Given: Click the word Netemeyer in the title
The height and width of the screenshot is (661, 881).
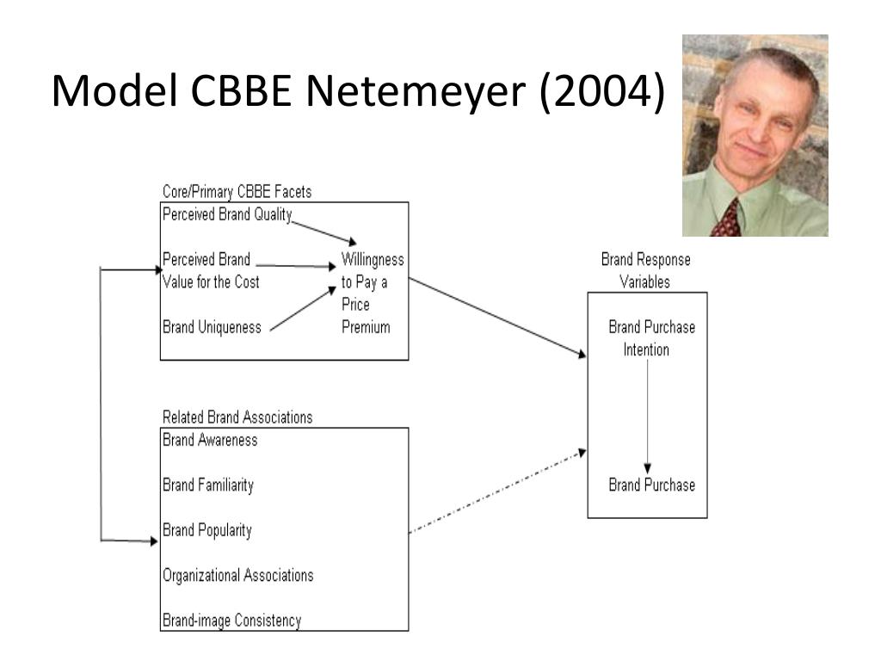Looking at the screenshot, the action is tap(416, 91).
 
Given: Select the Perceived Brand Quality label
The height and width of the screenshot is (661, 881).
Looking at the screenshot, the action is tap(227, 214).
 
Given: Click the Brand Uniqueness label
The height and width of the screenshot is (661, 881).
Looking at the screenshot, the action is tap(212, 327).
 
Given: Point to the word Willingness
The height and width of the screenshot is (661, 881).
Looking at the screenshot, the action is tap(373, 260).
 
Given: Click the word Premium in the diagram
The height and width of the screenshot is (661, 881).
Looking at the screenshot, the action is tap(366, 327).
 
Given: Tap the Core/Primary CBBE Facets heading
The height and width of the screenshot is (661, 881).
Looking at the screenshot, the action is tap(237, 192).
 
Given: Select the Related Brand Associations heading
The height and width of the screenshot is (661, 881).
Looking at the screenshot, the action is tap(237, 417).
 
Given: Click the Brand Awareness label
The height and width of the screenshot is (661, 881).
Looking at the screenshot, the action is tap(210, 440).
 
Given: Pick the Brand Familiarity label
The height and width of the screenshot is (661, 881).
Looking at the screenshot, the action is tap(208, 485).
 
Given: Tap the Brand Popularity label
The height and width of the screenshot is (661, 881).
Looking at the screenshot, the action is tap(206, 530).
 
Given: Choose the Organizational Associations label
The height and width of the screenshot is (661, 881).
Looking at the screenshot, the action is tap(237, 576).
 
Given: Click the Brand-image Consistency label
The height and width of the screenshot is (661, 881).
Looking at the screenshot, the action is tap(231, 621).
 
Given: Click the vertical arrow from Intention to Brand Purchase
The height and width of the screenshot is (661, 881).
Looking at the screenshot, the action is tap(647, 416).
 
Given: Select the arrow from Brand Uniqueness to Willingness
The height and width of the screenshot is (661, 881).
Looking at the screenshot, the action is tap(303, 309).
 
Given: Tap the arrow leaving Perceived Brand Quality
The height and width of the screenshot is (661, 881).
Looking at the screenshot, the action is tap(324, 232).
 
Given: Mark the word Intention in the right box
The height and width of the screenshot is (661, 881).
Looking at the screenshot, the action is tap(646, 350).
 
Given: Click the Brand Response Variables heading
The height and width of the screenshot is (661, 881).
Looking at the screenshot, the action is tap(645, 271).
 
